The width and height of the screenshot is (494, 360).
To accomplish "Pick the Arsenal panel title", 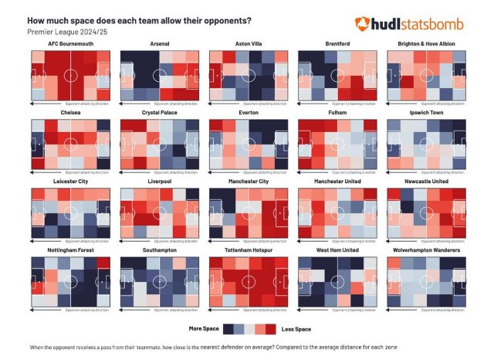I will (x=160, y=44).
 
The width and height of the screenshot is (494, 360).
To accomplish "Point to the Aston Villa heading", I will (x=248, y=44).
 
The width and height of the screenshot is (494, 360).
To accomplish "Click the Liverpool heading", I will (x=160, y=182).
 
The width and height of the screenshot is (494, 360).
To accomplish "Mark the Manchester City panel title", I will (x=248, y=182).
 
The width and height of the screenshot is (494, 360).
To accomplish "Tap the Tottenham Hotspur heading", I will (x=248, y=250).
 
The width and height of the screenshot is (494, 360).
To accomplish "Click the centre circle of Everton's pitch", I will (x=248, y=144).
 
